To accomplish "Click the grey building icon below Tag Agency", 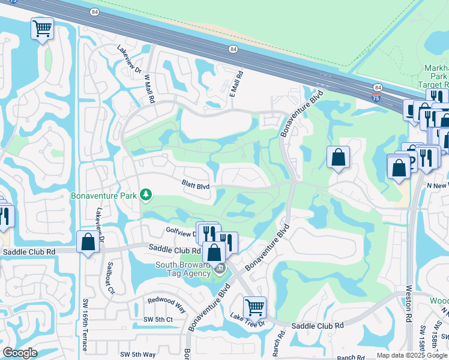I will click(x=220, y=268).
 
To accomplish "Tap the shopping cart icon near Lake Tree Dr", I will click(x=255, y=307).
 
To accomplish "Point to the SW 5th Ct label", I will click(x=158, y=319).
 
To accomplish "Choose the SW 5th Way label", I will click(x=138, y=355).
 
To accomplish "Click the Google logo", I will click(x=19, y=353).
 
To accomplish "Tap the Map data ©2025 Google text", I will click(x=412, y=355).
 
